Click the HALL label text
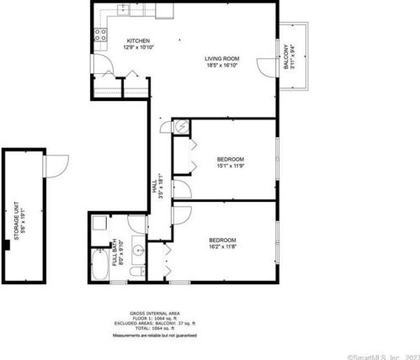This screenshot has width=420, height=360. [x=154, y=186]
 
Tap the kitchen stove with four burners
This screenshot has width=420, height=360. [x=100, y=34]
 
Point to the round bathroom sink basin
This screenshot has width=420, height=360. [x=137, y=251]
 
